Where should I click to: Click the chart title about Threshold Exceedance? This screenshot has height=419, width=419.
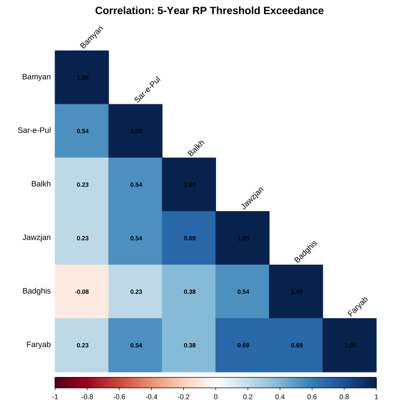coord(209,11)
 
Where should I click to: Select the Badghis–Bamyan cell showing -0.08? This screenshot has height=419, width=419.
coord(82,291)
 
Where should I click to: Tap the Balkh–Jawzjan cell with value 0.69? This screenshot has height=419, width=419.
coord(189,238)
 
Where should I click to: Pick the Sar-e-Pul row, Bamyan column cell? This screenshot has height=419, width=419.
coord(82,131)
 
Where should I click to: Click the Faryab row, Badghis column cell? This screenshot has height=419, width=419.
coord(296,345)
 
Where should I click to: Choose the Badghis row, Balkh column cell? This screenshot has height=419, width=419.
coord(189,291)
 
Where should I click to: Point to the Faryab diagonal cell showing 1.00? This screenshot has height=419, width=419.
coord(350,345)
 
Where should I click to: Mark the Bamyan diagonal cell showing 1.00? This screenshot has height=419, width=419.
coord(82,77)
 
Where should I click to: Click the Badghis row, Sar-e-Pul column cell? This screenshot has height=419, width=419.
coord(135,291)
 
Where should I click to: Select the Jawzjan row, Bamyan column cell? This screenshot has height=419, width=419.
coord(82,238)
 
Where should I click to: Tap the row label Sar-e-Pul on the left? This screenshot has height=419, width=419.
coord(34,130)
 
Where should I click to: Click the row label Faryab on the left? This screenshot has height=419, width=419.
coord(39,345)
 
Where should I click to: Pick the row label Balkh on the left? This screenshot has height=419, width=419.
coord(41,184)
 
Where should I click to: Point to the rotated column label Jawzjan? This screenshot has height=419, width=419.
coord(252,198)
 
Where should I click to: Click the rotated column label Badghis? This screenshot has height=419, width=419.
coord(306,252)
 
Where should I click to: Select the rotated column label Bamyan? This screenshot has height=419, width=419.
coord(92,37)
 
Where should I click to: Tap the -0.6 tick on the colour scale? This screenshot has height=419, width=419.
coord(119,397)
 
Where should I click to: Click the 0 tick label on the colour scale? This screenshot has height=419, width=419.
coord(216,397)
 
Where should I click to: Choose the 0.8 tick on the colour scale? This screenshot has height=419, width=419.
coord(344,397)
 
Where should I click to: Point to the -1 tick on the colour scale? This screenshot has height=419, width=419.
coord(55,397)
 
